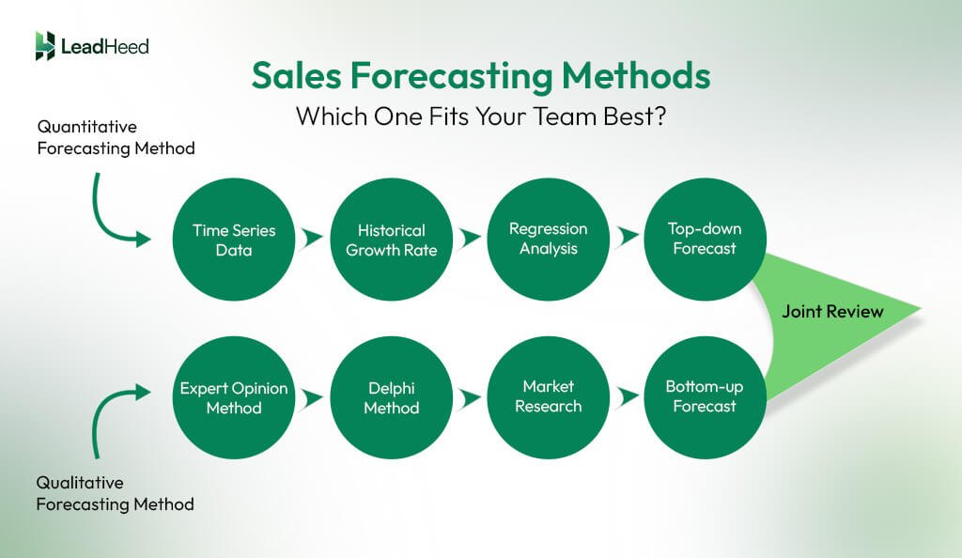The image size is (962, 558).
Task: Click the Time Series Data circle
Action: click(x=235, y=240)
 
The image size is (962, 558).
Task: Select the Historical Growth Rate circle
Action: click(x=392, y=240)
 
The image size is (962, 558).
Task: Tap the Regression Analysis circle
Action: click(x=549, y=239)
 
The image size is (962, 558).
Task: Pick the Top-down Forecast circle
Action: click(x=706, y=239)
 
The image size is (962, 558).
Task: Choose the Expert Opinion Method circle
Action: click(x=235, y=397)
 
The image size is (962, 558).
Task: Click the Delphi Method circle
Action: click(x=392, y=397)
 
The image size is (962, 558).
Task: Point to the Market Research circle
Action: click(x=549, y=396)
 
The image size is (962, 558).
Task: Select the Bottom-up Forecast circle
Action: click(x=706, y=396)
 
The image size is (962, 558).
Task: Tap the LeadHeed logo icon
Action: click(x=45, y=46)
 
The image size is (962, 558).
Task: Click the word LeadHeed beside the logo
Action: click(x=104, y=46)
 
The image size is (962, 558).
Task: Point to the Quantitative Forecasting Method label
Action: click(x=116, y=136)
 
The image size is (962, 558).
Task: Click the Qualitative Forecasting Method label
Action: click(x=115, y=493)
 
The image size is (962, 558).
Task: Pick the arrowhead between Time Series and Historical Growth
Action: click(x=313, y=240)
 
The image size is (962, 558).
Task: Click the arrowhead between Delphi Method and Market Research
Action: click(x=471, y=397)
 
